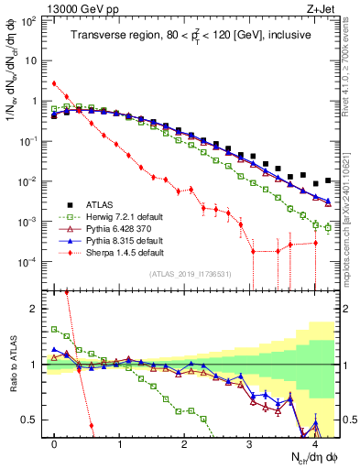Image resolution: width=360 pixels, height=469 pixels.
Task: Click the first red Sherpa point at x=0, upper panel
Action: tap(55, 83)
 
